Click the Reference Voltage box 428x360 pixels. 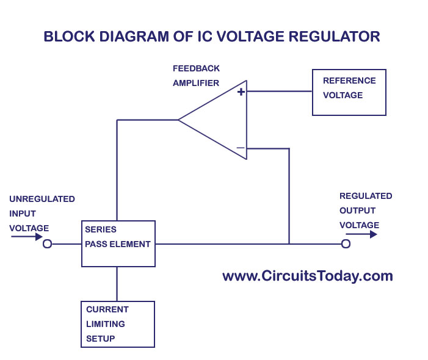pos(349,92)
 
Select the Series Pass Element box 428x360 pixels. pos(118,243)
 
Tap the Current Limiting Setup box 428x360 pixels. pos(117,324)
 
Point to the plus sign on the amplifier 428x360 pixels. pos(241,92)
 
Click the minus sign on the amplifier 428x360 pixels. pos(241,148)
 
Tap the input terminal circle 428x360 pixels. pos(47,244)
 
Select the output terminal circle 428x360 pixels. pos(346,244)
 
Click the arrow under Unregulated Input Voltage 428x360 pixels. pos(26,237)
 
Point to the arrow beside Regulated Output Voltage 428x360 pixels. pos(365,234)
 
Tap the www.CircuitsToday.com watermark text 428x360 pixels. pos(307,276)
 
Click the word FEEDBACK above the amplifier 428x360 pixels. pos(196,68)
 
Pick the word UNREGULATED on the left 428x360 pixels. pos(42,199)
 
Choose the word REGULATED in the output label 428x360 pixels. pos(366,196)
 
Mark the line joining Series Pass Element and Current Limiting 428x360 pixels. pos(117,284)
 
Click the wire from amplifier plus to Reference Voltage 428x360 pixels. pos(279,92)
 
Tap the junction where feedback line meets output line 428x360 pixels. pos(289,244)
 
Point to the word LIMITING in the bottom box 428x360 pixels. pos(106,324)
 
